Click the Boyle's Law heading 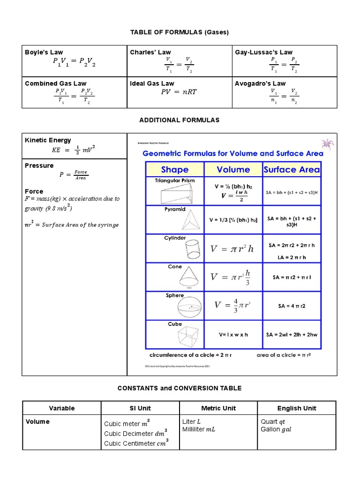click(x=44, y=52)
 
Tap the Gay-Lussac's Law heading click(x=263, y=52)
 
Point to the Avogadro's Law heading click(x=260, y=83)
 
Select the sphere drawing click(x=191, y=308)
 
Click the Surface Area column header click(x=292, y=170)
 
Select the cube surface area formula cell click(x=292, y=335)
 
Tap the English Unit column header click(x=296, y=408)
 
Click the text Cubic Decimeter click(x=128, y=434)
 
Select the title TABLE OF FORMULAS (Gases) click(x=179, y=32)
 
